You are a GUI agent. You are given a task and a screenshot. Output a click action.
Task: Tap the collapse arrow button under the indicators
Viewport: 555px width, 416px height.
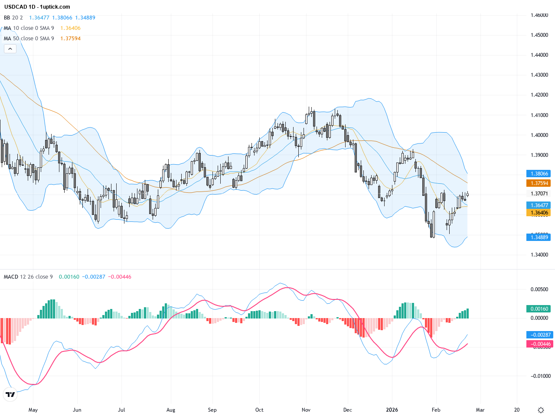10,49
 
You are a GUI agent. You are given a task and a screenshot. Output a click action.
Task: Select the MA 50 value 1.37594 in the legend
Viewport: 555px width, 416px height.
70,39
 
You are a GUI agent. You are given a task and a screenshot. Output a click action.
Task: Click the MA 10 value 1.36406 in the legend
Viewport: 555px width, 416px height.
70,28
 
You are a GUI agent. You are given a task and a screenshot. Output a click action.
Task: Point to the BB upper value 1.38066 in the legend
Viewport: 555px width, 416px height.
62,18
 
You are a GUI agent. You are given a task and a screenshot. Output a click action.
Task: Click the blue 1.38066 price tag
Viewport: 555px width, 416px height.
538,174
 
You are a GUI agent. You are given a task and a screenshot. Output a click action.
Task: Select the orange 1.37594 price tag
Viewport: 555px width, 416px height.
538,183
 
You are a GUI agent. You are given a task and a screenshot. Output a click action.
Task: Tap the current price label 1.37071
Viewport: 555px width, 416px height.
538,194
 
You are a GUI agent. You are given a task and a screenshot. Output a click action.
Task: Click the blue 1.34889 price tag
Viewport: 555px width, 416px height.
538,237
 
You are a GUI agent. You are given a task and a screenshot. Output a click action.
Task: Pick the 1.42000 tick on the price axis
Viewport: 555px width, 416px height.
539,95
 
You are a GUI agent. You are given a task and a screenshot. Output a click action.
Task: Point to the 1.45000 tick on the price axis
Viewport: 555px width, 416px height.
539,35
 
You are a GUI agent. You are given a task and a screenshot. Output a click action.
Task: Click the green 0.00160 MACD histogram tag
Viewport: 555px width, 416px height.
538,309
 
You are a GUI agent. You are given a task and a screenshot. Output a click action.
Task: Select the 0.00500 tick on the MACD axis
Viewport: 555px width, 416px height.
539,289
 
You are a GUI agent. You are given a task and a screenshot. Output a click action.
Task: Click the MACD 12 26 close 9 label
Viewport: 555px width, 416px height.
28,277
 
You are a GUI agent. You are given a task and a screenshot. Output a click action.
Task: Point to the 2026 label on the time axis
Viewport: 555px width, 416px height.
392,410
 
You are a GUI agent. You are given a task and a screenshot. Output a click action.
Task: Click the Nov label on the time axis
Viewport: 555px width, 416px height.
306,410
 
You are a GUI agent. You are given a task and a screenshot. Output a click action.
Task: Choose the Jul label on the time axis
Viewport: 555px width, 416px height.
121,410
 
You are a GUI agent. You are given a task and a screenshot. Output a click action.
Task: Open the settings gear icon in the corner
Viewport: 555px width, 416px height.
541,410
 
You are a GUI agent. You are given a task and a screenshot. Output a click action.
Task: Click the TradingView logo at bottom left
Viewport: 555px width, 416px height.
10,394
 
